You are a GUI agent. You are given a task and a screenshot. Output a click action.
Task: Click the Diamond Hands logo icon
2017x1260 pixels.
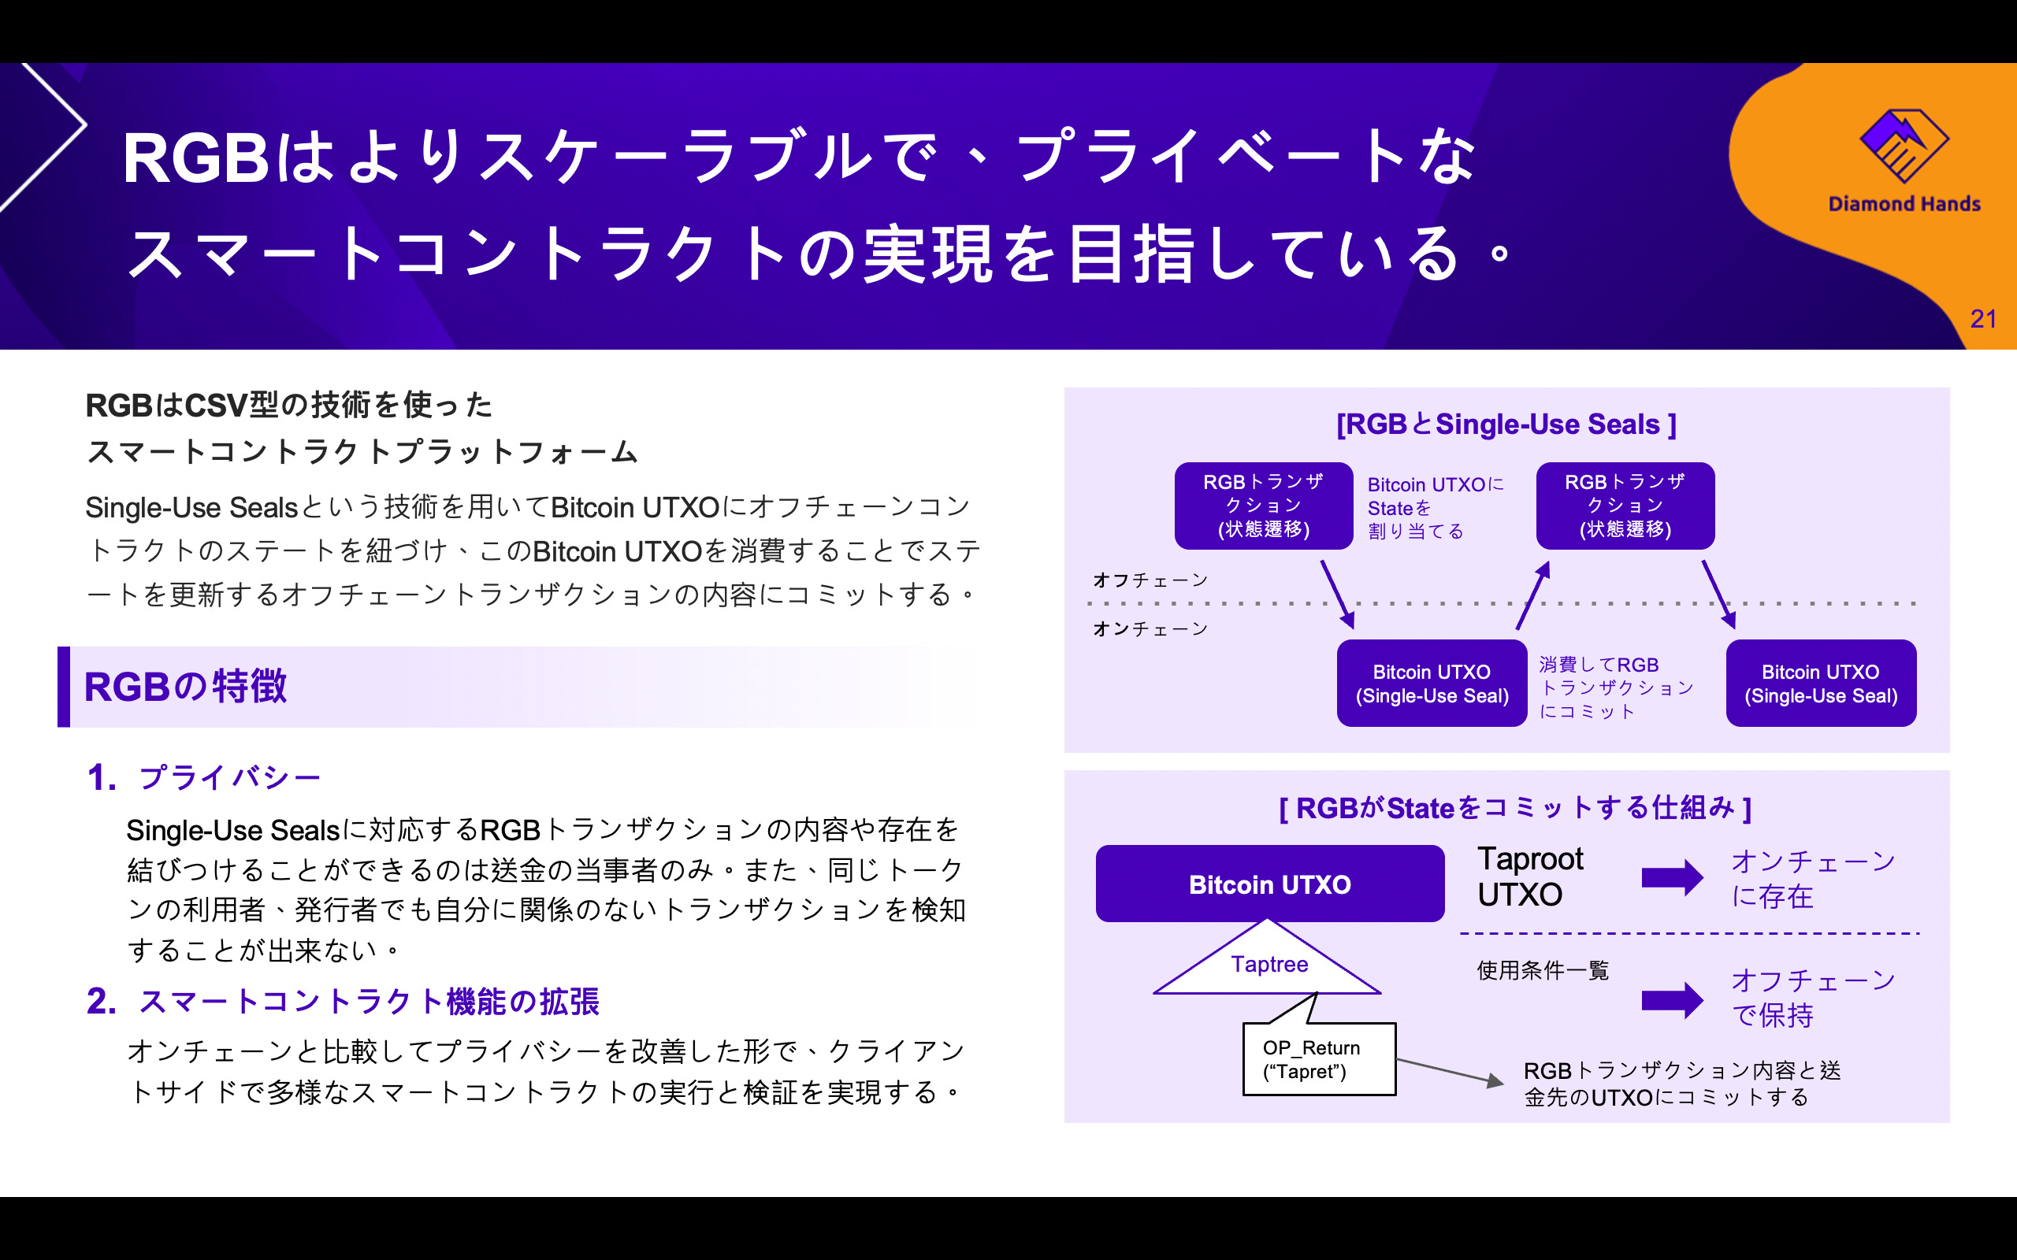coord(1904,145)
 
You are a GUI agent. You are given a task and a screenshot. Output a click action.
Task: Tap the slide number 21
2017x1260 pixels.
coord(1983,319)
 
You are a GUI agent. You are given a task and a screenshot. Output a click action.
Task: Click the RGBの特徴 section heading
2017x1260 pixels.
coord(186,687)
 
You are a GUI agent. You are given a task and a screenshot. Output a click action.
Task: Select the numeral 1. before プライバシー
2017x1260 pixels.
coord(101,777)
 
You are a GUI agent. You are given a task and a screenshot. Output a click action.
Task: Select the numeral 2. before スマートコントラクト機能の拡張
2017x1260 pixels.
coord(101,1001)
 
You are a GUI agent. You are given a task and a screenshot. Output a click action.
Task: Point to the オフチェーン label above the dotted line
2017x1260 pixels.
coord(1150,580)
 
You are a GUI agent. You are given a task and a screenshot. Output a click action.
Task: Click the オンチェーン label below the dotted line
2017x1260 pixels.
coord(1150,628)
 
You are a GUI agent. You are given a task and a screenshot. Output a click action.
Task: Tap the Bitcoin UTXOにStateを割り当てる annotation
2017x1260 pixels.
coord(1436,507)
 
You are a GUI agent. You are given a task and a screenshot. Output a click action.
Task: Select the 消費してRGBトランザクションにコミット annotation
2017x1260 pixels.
coord(1615,687)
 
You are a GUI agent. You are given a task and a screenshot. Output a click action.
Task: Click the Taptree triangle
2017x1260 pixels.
coord(1269,962)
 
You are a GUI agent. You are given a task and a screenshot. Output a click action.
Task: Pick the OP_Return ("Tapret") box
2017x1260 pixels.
coord(1317,1059)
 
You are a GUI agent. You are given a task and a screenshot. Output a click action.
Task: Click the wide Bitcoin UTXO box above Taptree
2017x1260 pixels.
coord(1269,884)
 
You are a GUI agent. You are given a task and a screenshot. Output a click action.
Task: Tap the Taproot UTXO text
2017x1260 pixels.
coord(1529,876)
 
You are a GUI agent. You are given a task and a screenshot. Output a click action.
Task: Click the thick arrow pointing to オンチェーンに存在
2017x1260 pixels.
coord(1671,877)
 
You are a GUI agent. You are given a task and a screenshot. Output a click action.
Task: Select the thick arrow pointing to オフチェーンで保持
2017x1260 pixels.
coord(1671,999)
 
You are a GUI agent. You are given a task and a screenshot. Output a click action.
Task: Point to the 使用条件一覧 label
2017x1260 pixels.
coord(1542,970)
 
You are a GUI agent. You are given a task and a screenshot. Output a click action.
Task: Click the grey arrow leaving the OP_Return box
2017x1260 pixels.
coord(1451,1072)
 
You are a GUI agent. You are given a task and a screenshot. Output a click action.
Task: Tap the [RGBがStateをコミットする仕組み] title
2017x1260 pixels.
coord(1514,807)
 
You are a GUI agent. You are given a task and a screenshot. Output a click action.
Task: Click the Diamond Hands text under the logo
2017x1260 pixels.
coord(1904,204)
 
